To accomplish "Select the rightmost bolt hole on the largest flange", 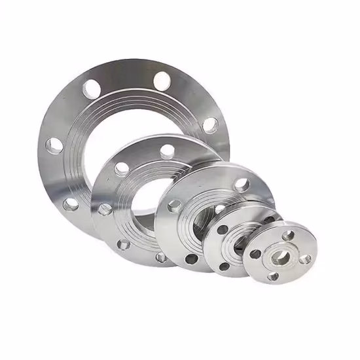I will (x=210, y=124).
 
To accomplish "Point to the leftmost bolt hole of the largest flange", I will (x=55, y=145).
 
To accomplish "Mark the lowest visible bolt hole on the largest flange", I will (x=71, y=204).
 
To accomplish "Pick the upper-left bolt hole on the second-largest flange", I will (x=122, y=168).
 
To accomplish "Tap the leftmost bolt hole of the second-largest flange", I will (x=104, y=209).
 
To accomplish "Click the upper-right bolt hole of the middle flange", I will (x=242, y=185).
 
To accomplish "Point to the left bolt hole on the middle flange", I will (x=174, y=206).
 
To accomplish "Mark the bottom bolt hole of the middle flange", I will (x=192, y=259).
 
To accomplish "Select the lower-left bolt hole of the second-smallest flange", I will (x=224, y=266).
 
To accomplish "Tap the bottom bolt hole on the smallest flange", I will (x=272, y=276).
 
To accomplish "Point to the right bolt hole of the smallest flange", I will (x=304, y=259).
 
